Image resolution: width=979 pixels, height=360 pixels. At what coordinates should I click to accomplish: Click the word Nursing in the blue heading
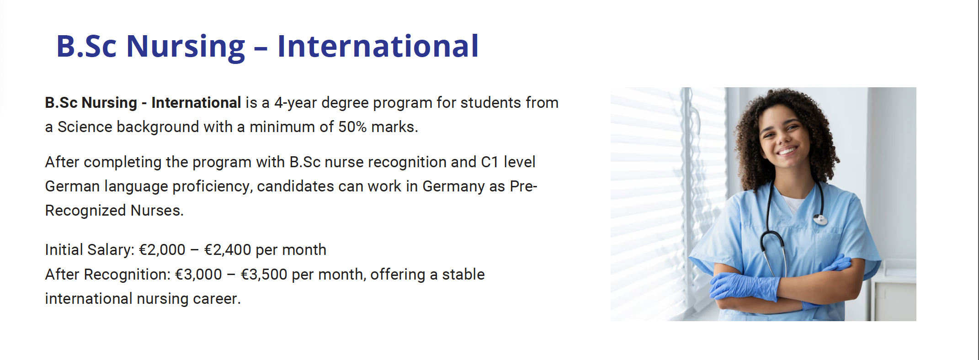tap(186, 47)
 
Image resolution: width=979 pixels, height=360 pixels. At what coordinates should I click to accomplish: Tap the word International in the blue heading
tap(378, 46)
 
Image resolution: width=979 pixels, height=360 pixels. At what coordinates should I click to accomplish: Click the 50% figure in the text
tap(352, 127)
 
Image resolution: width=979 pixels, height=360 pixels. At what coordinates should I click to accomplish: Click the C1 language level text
tap(489, 162)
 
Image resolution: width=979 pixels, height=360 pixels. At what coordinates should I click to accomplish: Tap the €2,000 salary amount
tap(162, 250)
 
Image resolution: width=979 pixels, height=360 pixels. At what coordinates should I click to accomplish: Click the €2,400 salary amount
tap(228, 250)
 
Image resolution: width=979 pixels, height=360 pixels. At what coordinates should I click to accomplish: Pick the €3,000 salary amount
tap(198, 275)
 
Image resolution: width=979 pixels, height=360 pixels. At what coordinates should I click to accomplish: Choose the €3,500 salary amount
tap(264, 275)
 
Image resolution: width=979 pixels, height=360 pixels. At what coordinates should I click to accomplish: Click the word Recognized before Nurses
tap(85, 211)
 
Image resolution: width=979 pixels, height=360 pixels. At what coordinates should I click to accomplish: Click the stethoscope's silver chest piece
tap(820, 220)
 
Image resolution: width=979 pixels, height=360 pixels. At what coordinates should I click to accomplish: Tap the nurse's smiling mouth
tap(787, 150)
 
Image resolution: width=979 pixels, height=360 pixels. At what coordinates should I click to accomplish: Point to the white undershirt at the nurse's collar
tap(794, 204)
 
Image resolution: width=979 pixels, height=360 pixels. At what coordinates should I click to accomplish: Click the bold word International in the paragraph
tap(196, 103)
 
